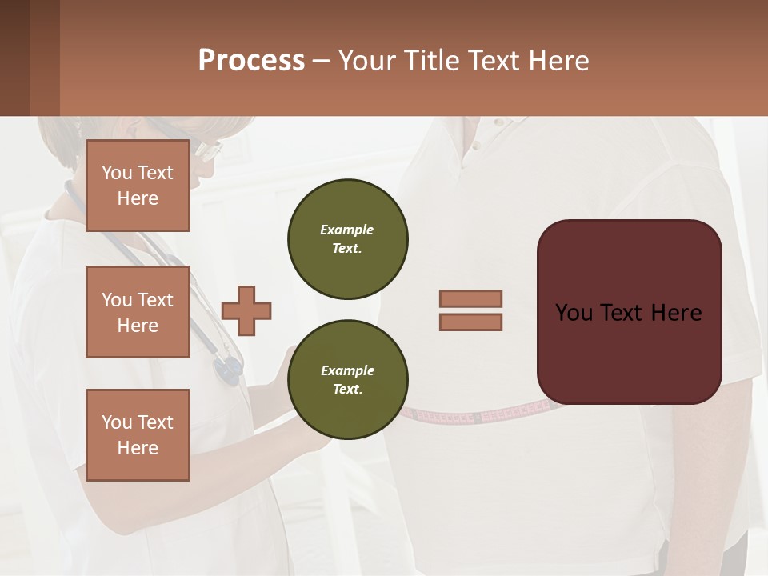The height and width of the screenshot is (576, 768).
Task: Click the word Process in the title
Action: pos(251,61)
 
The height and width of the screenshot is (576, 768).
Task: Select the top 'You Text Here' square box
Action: pos(138,186)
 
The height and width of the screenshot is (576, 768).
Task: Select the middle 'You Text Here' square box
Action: pos(138,312)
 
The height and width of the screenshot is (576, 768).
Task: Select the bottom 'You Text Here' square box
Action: pos(138,435)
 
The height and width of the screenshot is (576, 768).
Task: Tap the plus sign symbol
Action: pos(246,310)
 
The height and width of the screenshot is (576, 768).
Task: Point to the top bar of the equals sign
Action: pos(470,298)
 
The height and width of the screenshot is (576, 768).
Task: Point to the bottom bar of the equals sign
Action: pos(470,322)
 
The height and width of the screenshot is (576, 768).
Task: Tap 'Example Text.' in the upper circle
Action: pos(347,238)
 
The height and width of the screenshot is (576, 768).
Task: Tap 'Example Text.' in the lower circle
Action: pos(347,379)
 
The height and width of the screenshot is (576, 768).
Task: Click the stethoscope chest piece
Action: pos(229,368)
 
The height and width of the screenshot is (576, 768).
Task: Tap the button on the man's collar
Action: pos(477,147)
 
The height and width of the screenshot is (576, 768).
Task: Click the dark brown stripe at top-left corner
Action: pos(14,58)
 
